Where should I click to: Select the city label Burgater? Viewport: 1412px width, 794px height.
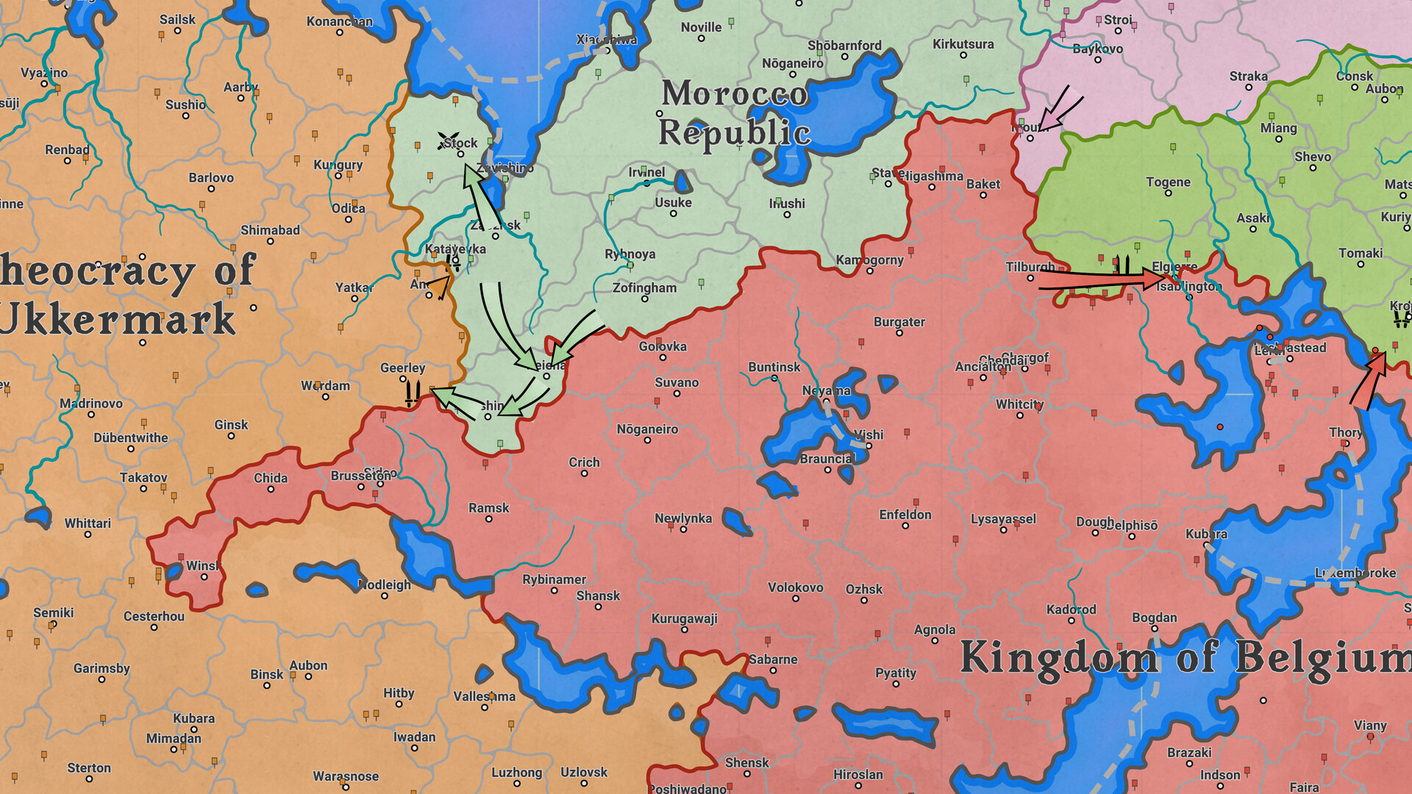pos(899,321)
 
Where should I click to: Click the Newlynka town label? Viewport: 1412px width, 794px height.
pos(682,518)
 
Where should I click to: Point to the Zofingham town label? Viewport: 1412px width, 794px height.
pos(644,287)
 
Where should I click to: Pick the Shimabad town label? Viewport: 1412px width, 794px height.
pos(270,230)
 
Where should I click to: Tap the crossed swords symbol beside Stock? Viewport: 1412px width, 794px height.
pos(446,140)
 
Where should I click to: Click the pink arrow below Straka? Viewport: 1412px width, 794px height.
pos(1059,108)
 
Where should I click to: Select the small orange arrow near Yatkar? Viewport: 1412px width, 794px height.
pos(439,286)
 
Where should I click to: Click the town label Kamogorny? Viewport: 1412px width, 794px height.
pos(869,260)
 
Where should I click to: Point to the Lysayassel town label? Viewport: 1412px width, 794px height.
pos(1002,519)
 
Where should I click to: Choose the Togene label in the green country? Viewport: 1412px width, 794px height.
pos(1167,182)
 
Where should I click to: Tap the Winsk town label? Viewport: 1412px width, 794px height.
pos(202,565)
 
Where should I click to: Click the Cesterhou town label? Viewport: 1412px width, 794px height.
pos(154,616)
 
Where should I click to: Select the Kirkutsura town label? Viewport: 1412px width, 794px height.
pos(963,44)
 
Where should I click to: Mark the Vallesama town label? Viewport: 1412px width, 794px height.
pos(484,696)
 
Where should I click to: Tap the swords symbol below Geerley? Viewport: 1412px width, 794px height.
pos(412,393)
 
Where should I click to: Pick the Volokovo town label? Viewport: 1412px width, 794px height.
pos(795,587)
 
